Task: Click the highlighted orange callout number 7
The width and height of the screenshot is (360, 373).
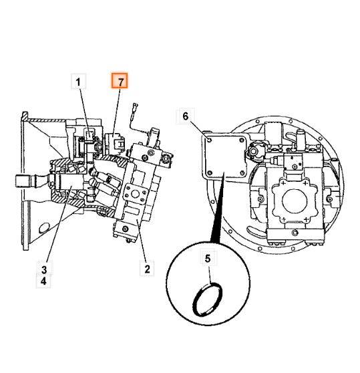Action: pos(120,81)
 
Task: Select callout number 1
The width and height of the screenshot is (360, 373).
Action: pos(78,82)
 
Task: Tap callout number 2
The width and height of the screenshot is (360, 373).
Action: pos(147,269)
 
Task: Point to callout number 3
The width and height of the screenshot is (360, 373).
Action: pos(44,269)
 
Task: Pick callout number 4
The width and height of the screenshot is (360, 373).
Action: pos(43,281)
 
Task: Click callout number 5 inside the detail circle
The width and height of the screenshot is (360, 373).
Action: pos(208,258)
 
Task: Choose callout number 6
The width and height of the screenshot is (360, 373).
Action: pos(186,116)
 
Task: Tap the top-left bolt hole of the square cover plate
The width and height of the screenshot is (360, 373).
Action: pos(209,140)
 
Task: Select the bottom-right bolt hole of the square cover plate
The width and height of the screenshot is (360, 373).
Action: pos(242,172)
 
